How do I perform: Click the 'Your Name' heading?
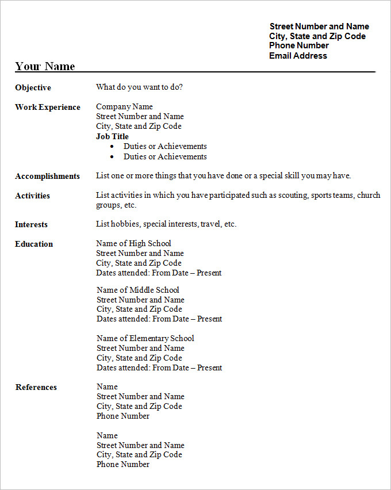click(45, 66)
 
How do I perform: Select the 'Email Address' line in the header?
click(298, 56)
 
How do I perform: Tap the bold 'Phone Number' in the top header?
click(299, 45)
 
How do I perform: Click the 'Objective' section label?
click(33, 87)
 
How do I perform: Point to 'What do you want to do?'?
click(140, 87)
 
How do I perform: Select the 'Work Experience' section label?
click(48, 107)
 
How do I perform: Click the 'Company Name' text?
click(124, 106)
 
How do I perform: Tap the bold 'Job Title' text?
click(112, 136)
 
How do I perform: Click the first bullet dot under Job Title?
click(112, 147)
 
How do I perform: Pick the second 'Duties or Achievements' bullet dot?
click(112, 157)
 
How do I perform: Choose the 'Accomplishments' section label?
click(47, 176)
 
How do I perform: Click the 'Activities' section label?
click(32, 196)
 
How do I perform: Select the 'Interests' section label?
click(31, 224)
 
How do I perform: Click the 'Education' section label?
click(34, 244)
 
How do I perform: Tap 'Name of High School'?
click(133, 243)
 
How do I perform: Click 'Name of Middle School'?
click(138, 290)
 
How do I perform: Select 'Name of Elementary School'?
click(145, 338)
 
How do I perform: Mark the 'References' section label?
click(36, 387)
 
